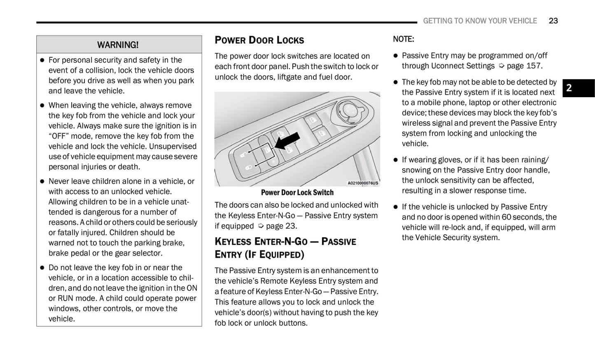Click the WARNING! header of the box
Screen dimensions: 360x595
coord(118,44)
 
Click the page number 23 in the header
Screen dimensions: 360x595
coord(553,21)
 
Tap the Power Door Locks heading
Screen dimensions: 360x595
coord(259,40)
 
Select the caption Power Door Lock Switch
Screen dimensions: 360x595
coord(297,192)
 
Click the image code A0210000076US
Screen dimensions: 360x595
coord(362,183)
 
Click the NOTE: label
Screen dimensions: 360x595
coord(403,39)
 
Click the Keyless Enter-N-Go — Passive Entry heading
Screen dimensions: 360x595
coord(285,248)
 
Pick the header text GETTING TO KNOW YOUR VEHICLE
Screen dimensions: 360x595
coord(480,21)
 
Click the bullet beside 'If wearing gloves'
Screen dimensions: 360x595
coord(395,160)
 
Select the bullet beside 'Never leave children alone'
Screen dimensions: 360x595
coord(42,181)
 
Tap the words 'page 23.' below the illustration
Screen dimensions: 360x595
coord(281,226)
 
